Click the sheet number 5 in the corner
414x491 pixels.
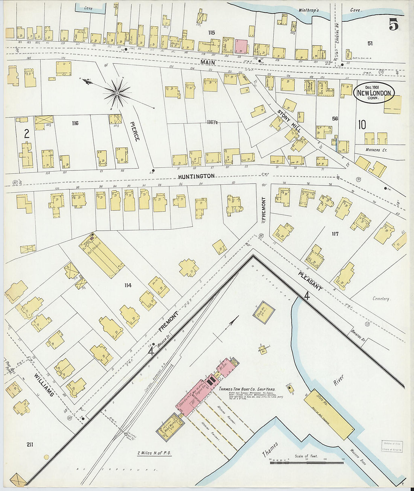[393, 25]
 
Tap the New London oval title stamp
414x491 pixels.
[374, 93]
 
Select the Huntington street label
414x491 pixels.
[196, 176]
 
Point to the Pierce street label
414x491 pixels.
[135, 131]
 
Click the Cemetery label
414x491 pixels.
[381, 299]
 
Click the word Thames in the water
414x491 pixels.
[270, 450]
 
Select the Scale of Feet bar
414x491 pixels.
[307, 462]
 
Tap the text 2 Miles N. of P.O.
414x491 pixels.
[154, 453]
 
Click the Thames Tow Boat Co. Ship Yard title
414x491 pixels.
[247, 389]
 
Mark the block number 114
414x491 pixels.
[128, 286]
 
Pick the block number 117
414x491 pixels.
[335, 234]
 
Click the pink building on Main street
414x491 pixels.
[241, 47]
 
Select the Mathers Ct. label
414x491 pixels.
[376, 150]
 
